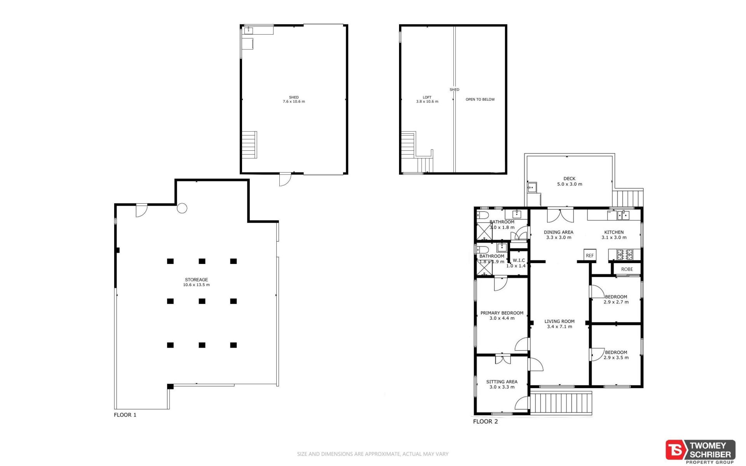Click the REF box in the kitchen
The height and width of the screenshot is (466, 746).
[590, 255]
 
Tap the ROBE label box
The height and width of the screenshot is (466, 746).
[627, 269]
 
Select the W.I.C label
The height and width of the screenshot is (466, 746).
[519, 260]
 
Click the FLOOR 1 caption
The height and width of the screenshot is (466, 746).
[125, 415]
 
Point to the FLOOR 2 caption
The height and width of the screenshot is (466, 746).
[485, 421]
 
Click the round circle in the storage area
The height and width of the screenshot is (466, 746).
[182, 208]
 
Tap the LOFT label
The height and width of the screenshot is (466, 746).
[427, 97]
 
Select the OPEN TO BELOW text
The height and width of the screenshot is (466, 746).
[480, 99]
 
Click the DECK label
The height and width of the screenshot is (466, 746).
[570, 179]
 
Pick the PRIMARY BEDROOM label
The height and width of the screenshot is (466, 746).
[502, 313]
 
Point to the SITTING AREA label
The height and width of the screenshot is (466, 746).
[502, 382]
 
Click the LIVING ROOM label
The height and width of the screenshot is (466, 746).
[559, 321]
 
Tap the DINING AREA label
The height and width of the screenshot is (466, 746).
[559, 232]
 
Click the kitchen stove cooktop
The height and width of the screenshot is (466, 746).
[625, 255]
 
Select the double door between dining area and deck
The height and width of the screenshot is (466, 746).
[560, 215]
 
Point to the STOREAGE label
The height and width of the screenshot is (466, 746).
[196, 279]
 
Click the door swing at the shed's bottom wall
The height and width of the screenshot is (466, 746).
[285, 179]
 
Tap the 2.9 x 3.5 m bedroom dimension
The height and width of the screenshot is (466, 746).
[616, 358]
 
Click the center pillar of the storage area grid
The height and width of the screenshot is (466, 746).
[202, 301]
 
